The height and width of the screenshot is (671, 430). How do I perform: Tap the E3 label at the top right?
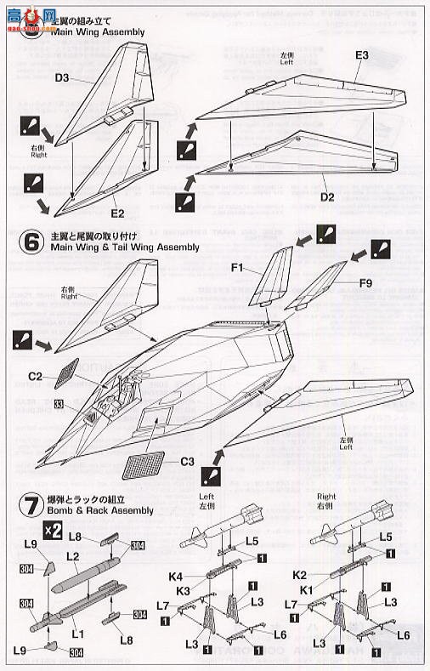click(361, 55)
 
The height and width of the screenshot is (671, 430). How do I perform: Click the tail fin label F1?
click(237, 269)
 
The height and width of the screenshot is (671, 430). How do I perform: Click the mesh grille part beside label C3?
click(141, 466)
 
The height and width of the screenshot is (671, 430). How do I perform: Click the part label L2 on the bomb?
click(72, 555)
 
